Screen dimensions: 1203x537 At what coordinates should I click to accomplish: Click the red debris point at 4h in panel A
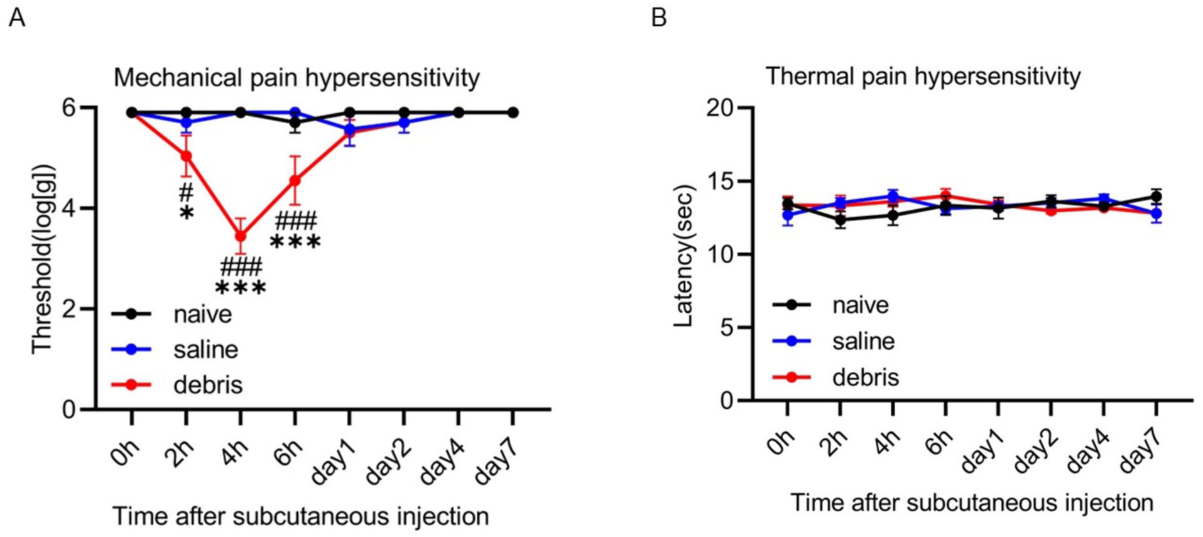240,236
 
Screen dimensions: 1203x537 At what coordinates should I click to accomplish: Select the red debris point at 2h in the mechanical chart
186,156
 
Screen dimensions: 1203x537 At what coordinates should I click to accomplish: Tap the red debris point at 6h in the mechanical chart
294,181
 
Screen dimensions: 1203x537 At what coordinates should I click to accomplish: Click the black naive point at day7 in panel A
513,112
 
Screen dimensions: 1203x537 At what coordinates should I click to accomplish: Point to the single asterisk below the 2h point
187,214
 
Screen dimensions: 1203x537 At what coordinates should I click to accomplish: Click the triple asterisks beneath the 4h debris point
241,288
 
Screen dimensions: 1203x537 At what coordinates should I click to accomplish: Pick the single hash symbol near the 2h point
186,192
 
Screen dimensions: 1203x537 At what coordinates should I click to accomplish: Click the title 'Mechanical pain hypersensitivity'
297,79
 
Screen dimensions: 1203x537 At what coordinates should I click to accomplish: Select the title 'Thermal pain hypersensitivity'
923,77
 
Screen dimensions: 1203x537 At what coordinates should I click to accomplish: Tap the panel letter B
659,18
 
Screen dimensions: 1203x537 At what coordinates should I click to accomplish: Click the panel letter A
17,18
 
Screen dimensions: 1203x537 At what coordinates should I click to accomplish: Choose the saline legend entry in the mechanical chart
175,349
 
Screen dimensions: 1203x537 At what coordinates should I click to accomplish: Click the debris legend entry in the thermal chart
836,377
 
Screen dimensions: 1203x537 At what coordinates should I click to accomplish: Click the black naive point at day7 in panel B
1156,197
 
